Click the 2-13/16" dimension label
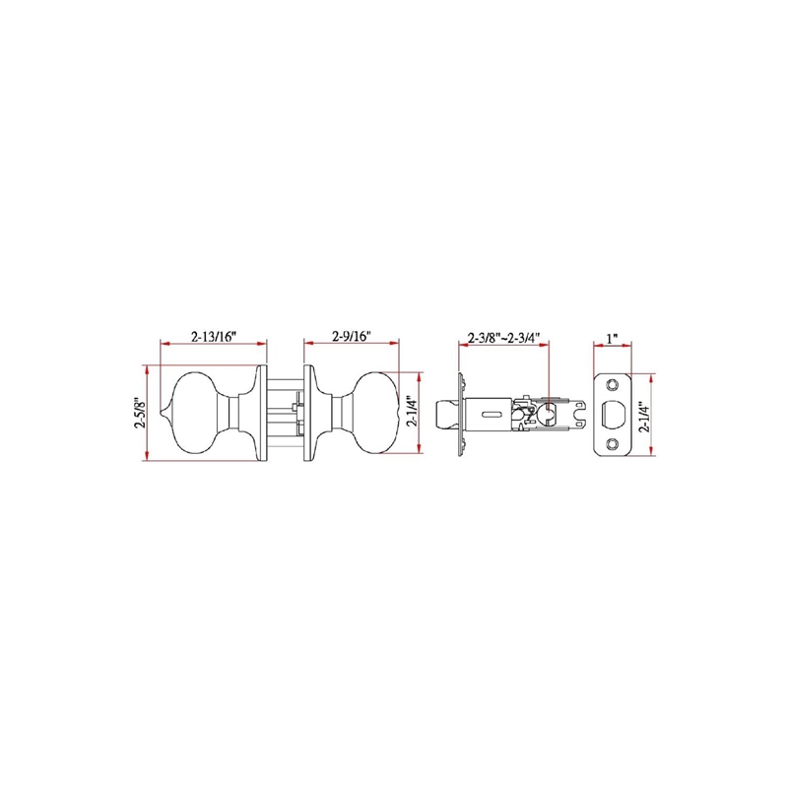tap(214, 336)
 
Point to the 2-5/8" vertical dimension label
tap(140, 413)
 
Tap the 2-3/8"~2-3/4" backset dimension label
tap(503, 337)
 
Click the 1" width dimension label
tap(612, 338)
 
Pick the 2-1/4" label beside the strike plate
tap(644, 416)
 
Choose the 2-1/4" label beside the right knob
tap(412, 412)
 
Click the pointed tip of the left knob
tap(161, 413)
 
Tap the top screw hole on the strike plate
tap(612, 385)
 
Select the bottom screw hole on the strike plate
tap(612, 444)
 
